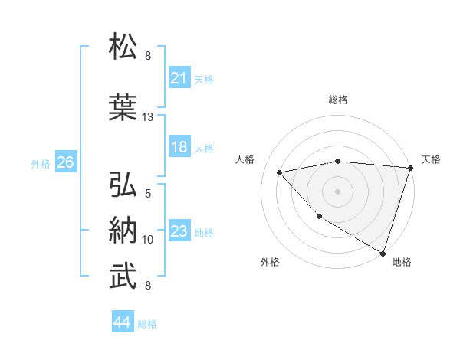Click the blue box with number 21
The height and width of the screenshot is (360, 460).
point(179,78)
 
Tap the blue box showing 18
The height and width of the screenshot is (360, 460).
point(179,147)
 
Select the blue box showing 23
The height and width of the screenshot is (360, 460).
point(179,231)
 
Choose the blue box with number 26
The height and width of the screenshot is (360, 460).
point(66,162)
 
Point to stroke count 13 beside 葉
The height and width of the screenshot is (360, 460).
point(148,117)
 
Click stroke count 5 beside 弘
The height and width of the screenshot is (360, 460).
point(148,194)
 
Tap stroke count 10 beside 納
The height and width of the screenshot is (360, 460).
point(148,240)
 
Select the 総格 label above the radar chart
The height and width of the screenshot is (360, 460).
point(338,100)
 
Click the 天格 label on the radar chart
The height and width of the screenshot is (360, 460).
point(431,159)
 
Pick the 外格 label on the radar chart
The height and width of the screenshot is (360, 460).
point(270,262)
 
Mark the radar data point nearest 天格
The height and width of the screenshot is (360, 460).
point(410,168)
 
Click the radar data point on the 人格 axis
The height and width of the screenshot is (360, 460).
point(280,172)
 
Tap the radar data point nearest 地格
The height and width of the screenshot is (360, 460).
point(383,252)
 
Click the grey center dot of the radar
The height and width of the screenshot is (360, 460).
point(338,191)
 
